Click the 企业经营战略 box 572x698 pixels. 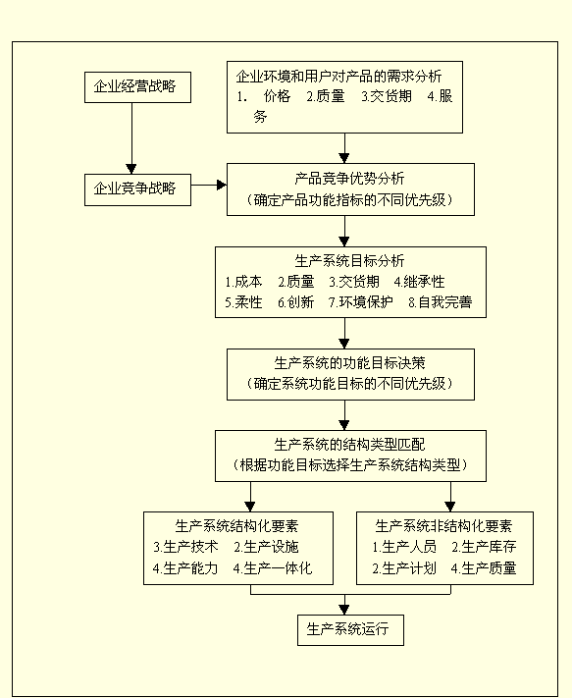pos(136,87)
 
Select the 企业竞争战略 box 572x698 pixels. pos(136,188)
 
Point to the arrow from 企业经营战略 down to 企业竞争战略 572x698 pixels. pos(130,137)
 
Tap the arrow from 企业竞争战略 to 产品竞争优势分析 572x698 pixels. pos(208,184)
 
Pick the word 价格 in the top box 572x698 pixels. pos(278,96)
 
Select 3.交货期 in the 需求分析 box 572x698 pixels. pos(387,96)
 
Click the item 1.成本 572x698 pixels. pos(243,281)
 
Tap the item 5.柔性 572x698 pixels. pos(243,301)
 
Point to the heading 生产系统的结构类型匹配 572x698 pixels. pos(349,443)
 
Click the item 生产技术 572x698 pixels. pos(185,546)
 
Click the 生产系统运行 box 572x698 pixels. pos(349,628)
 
